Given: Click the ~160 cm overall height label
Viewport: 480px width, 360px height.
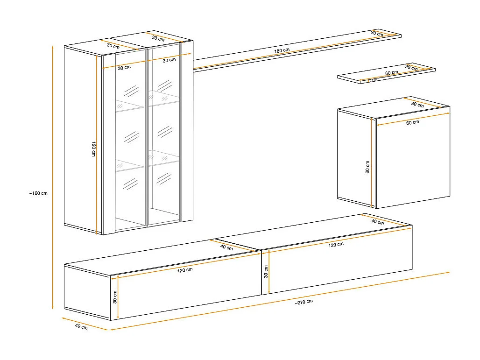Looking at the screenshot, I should pos(38,192).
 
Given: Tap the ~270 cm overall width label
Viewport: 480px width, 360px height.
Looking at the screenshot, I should pos(304,302).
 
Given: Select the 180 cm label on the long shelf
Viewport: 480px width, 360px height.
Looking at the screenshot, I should pos(282,50).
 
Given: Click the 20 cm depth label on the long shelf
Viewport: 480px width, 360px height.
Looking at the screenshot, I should pos(377,33).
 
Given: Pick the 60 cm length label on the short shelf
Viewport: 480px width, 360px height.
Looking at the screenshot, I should pos(391,72).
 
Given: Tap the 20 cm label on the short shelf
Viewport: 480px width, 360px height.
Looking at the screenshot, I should pos(411,68).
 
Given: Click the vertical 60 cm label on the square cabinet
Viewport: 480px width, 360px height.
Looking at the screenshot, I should pos(367,167).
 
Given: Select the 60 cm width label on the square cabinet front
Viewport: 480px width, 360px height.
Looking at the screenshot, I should pos(412,122).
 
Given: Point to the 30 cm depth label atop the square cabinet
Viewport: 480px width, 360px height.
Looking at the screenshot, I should pos(417,105).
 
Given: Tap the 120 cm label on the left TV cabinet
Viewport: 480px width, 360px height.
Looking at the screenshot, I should pos(185,269).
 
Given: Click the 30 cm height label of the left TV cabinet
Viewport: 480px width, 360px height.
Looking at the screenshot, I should pos(114,296).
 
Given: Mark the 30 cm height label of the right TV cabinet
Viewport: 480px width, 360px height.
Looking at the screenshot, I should pos(266,271).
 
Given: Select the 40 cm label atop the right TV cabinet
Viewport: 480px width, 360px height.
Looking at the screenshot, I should pos(377,222).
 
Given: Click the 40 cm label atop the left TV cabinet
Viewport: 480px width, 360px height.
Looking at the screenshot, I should pos(226,247).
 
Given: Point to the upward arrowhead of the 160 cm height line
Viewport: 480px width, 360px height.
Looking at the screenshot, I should pos(53,47).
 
